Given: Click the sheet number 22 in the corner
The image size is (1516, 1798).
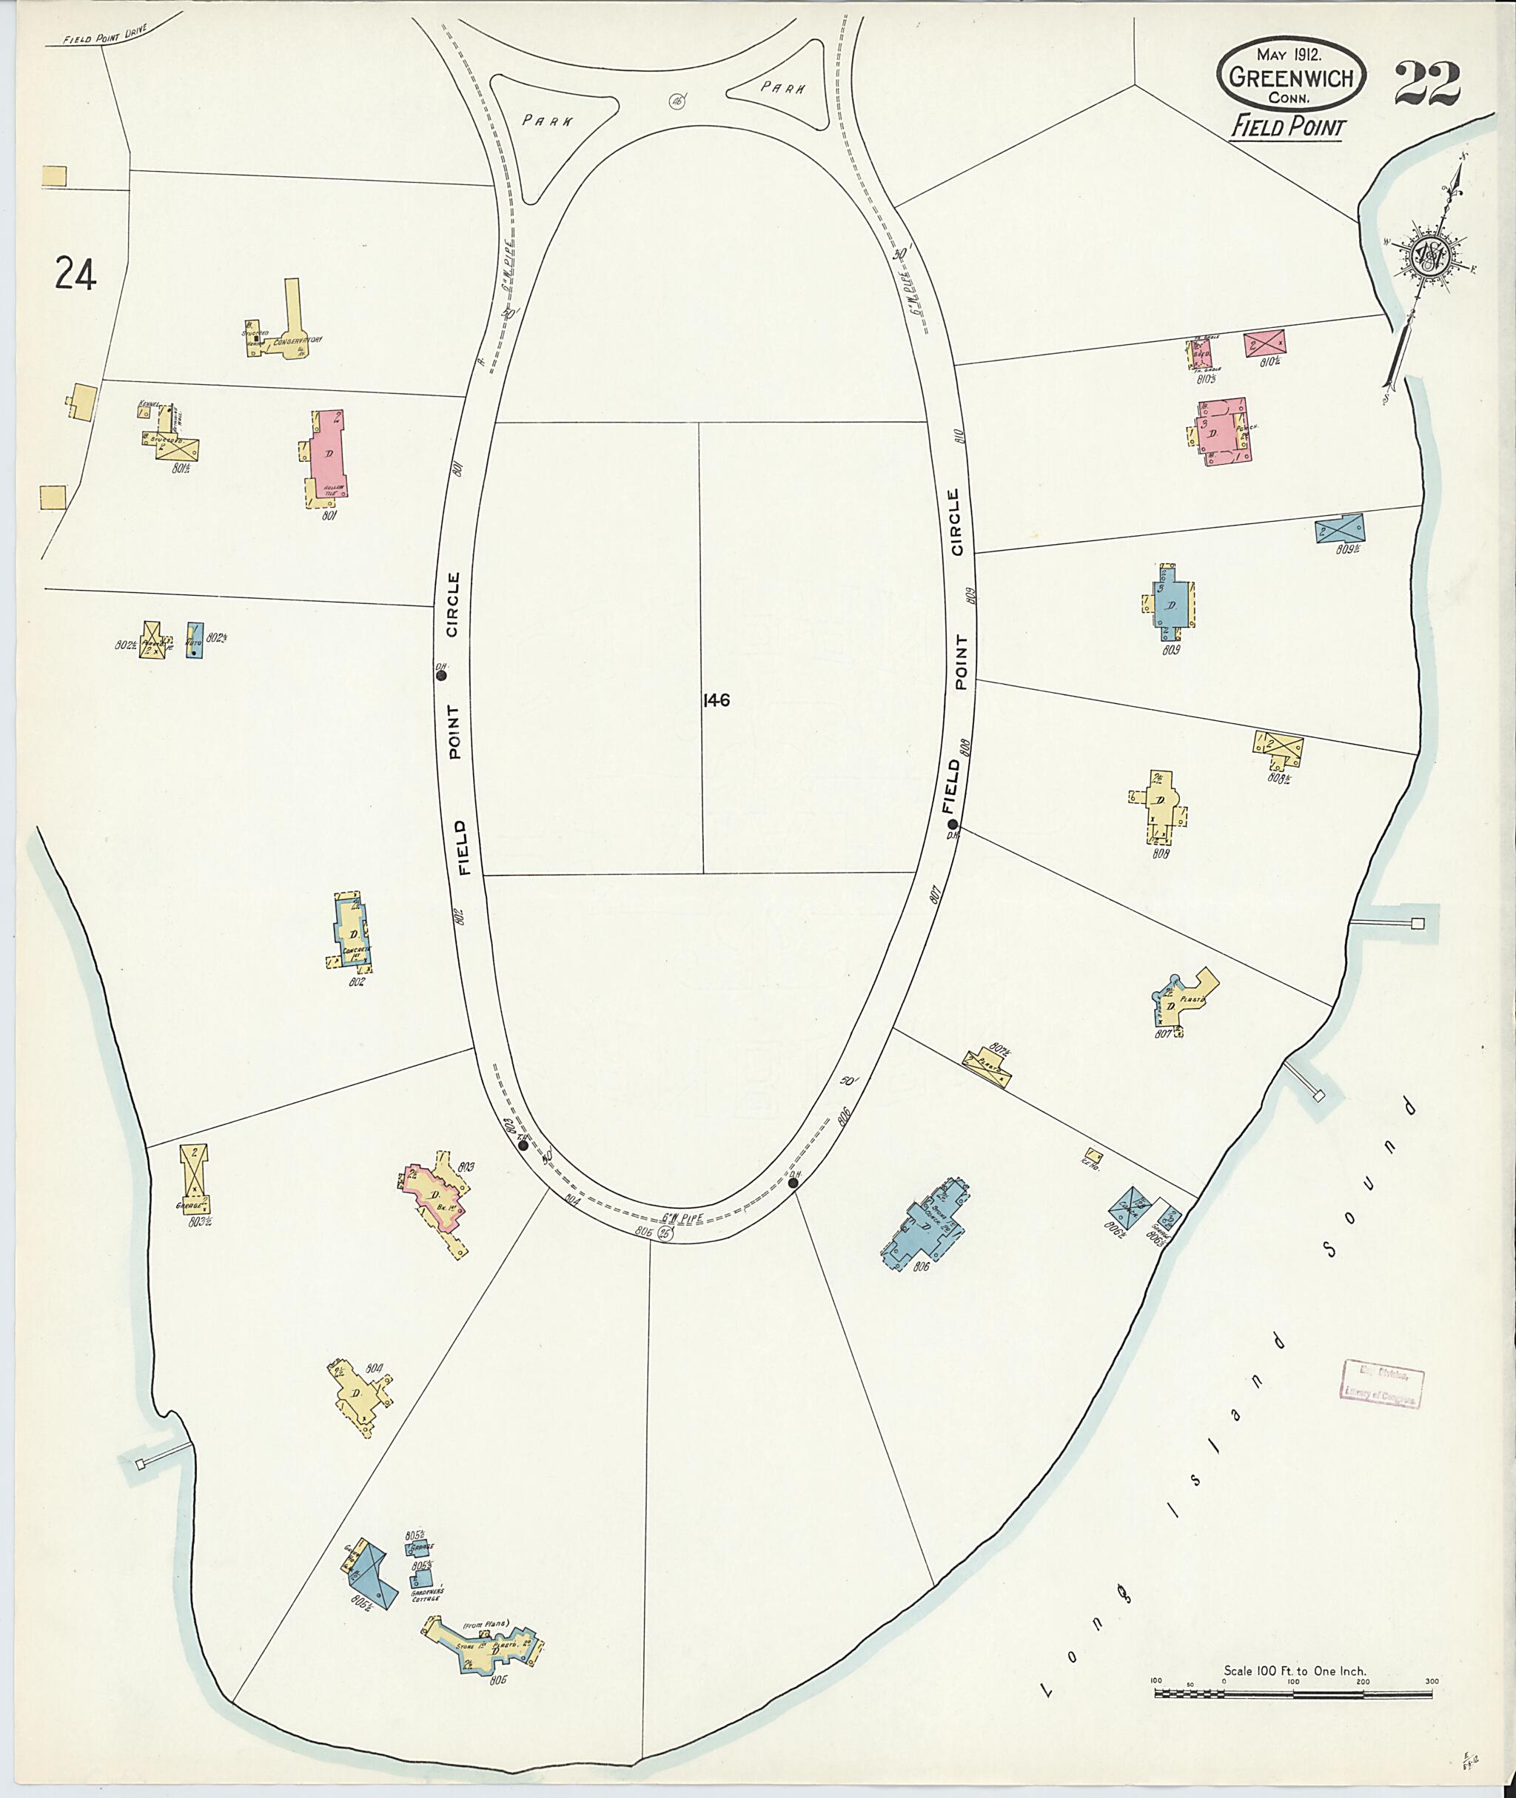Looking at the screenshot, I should [1426, 84].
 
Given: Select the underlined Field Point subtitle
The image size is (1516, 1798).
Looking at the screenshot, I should [1287, 127].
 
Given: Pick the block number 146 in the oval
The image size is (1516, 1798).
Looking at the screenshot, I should [716, 700].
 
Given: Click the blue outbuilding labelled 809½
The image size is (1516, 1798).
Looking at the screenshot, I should [1339, 528].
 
